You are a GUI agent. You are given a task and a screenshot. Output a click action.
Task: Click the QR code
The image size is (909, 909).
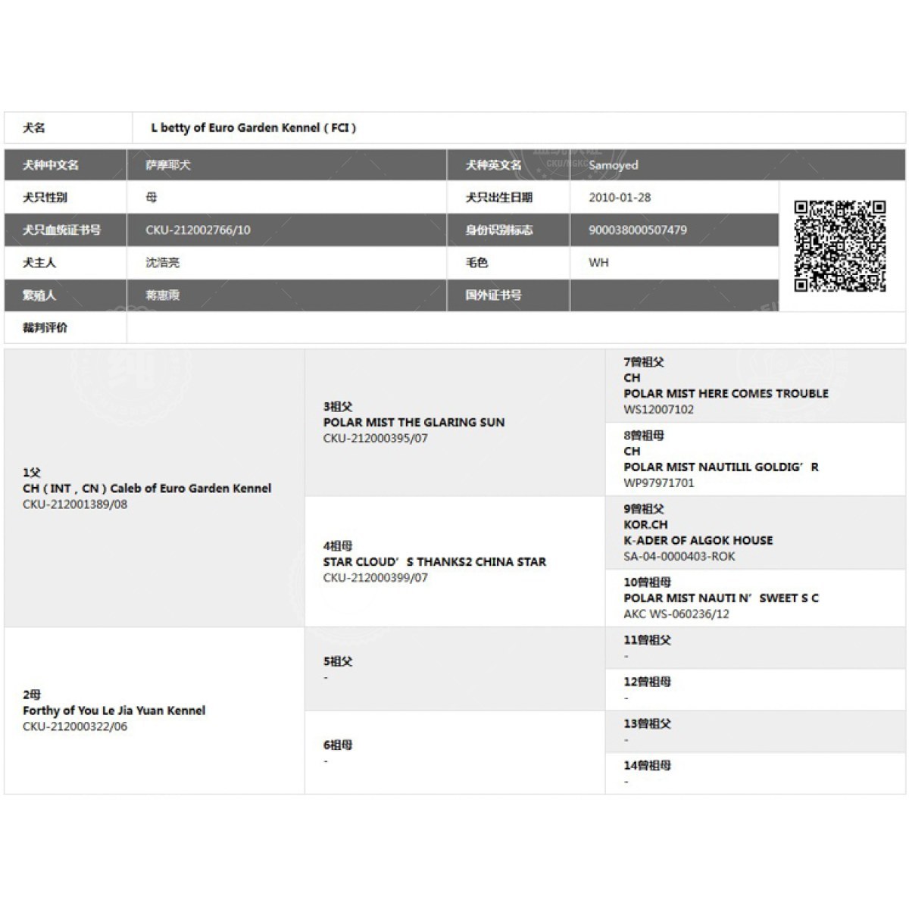pyautogui.click(x=839, y=245)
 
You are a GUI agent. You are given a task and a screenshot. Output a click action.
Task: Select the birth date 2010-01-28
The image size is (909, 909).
pyautogui.click(x=620, y=198)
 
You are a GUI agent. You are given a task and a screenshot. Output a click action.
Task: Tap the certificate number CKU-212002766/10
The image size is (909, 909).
pyautogui.click(x=198, y=230)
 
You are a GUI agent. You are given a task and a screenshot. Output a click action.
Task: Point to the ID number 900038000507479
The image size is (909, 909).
pyautogui.click(x=638, y=230)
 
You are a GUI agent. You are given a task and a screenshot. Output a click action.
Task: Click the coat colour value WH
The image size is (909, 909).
pyautogui.click(x=598, y=263)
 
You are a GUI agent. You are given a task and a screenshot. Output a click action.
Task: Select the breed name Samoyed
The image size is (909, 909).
pyautogui.click(x=614, y=165)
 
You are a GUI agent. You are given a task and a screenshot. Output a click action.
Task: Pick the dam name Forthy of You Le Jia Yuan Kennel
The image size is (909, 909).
pyautogui.click(x=114, y=711)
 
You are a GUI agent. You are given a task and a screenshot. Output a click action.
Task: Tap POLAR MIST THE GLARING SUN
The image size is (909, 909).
pyautogui.click(x=414, y=423)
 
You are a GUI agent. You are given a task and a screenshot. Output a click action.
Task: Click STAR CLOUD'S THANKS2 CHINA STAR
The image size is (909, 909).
pyautogui.click(x=434, y=562)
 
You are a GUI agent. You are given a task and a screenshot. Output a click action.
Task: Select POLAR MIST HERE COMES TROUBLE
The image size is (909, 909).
pyautogui.click(x=726, y=394)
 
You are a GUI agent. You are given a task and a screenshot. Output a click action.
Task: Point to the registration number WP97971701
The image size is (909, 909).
pyautogui.click(x=658, y=483)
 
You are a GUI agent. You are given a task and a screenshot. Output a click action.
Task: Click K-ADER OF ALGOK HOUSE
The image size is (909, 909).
pyautogui.click(x=698, y=541)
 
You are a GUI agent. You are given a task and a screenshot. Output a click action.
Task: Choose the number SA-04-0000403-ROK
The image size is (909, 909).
pyautogui.click(x=679, y=557)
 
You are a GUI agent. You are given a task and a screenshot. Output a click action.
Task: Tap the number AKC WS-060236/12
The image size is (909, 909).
pyautogui.click(x=676, y=614)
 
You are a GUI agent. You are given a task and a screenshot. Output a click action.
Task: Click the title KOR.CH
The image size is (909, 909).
pyautogui.click(x=645, y=525)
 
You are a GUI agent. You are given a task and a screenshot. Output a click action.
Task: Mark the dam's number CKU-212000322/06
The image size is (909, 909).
pyautogui.click(x=75, y=726)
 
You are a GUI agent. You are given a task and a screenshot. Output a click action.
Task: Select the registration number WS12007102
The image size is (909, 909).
pyautogui.click(x=658, y=410)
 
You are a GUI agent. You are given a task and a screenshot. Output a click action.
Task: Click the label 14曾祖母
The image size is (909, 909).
pyautogui.click(x=647, y=766)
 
